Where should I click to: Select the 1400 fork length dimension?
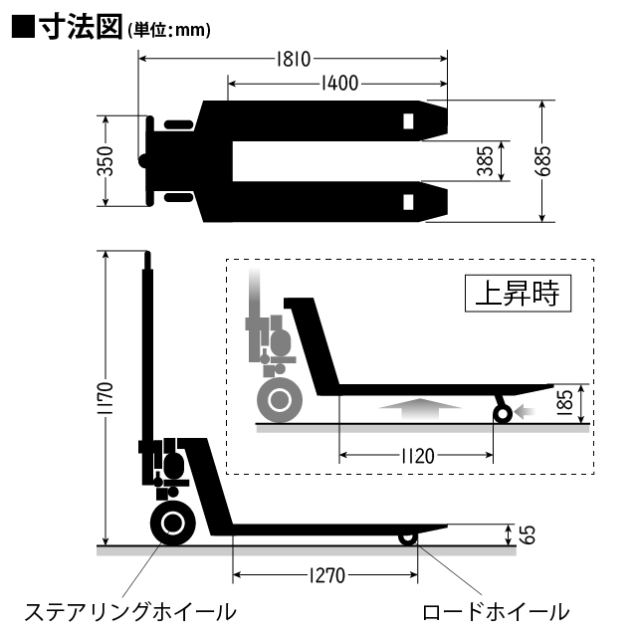coord(339,84)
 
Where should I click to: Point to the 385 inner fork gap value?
coord(485,161)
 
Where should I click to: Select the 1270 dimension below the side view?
coord(324,575)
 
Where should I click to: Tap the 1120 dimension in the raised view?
coord(416,457)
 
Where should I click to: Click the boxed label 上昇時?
coord(517,294)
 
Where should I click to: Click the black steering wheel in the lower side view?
coord(172,524)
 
